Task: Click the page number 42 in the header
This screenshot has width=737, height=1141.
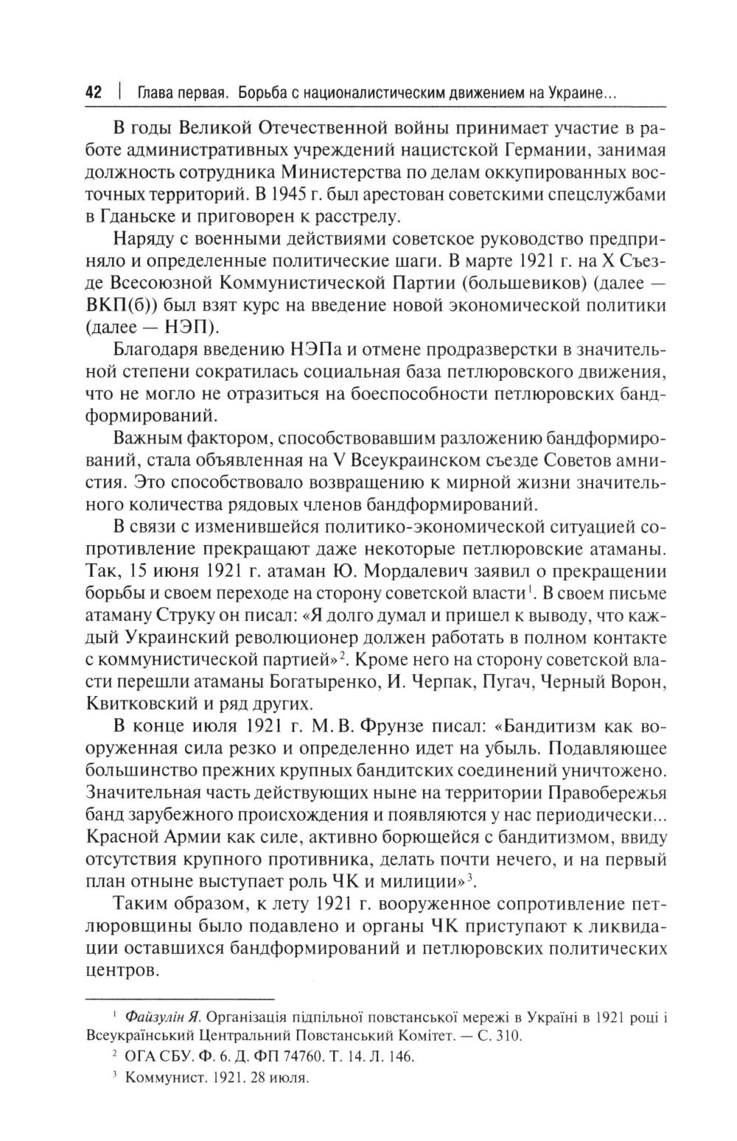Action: (93, 94)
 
